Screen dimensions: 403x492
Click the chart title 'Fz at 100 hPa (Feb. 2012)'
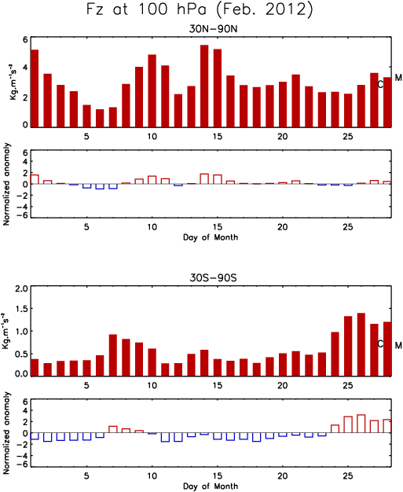200,9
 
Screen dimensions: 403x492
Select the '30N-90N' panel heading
213,29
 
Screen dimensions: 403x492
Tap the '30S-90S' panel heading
213,277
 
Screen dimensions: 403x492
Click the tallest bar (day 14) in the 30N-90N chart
204,86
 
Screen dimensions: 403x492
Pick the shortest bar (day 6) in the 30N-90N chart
100,118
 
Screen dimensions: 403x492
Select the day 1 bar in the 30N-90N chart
35,88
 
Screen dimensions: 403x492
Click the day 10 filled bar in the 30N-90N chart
152,90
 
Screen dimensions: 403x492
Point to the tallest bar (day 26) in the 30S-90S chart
361,344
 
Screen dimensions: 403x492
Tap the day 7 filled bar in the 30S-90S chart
113,355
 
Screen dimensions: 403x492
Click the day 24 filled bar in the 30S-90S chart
335,354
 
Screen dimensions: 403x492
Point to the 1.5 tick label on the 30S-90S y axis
21,310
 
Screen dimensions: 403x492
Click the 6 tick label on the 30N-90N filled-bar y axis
25,39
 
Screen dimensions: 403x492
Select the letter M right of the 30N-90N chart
398,78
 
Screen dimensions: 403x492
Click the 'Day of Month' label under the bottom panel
211,486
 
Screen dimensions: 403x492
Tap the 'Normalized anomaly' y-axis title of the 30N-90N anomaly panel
6,184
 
